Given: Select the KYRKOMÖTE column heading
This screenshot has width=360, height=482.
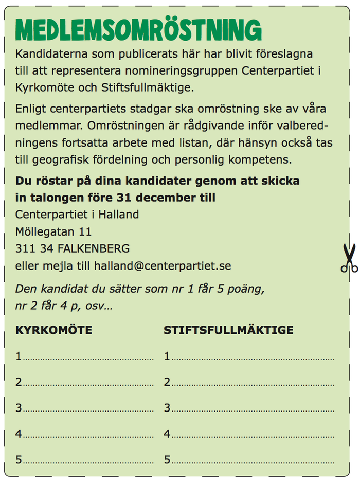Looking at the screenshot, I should (x=54, y=330).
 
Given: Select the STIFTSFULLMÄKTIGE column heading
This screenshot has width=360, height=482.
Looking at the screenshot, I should (x=229, y=330).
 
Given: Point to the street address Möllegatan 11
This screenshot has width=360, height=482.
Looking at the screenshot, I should (x=53, y=231).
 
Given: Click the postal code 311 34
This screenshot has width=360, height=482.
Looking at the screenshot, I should (x=33, y=248).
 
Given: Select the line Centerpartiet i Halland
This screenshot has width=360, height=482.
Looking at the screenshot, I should (x=77, y=215).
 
